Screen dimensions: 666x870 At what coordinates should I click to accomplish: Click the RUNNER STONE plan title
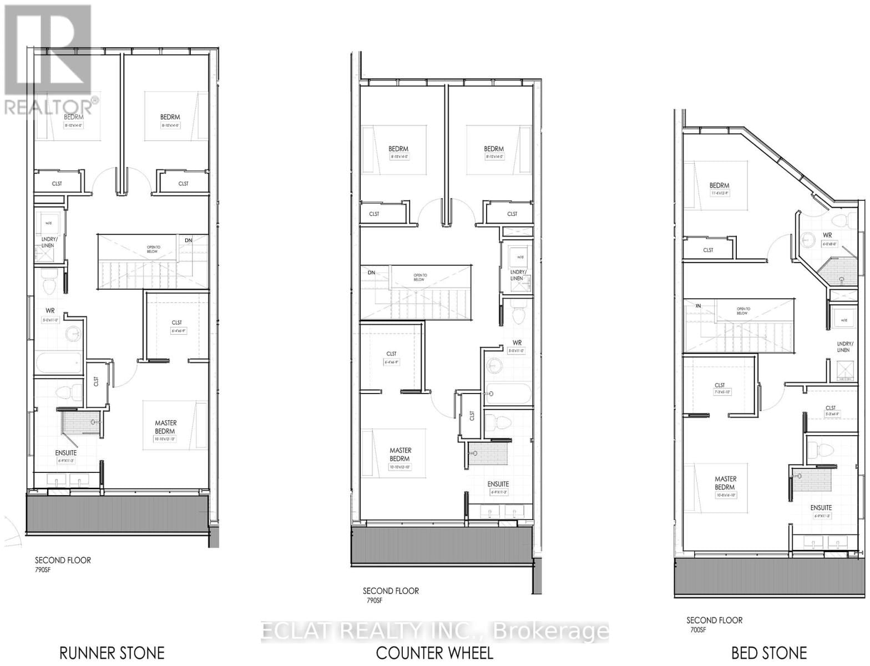[x=112, y=653]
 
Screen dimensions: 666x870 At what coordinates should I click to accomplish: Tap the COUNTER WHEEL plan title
[x=434, y=653]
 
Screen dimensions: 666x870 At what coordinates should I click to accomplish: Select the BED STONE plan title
[x=769, y=653]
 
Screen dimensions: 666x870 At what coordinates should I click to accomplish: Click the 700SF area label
[x=697, y=629]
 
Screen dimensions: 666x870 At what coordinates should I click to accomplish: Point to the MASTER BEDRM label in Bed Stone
[x=725, y=483]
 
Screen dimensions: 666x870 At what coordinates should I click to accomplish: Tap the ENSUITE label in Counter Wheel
[x=498, y=484]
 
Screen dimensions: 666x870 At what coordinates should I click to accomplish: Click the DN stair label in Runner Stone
[x=189, y=240]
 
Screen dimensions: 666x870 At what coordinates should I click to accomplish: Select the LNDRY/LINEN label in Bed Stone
[x=843, y=347]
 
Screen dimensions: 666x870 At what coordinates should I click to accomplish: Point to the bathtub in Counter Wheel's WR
[x=508, y=395]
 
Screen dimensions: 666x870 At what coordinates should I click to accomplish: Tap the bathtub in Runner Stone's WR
[x=59, y=364]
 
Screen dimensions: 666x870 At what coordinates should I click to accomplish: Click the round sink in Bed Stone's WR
[x=808, y=239]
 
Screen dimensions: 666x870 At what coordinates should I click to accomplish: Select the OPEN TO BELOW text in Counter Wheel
[x=420, y=277]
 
